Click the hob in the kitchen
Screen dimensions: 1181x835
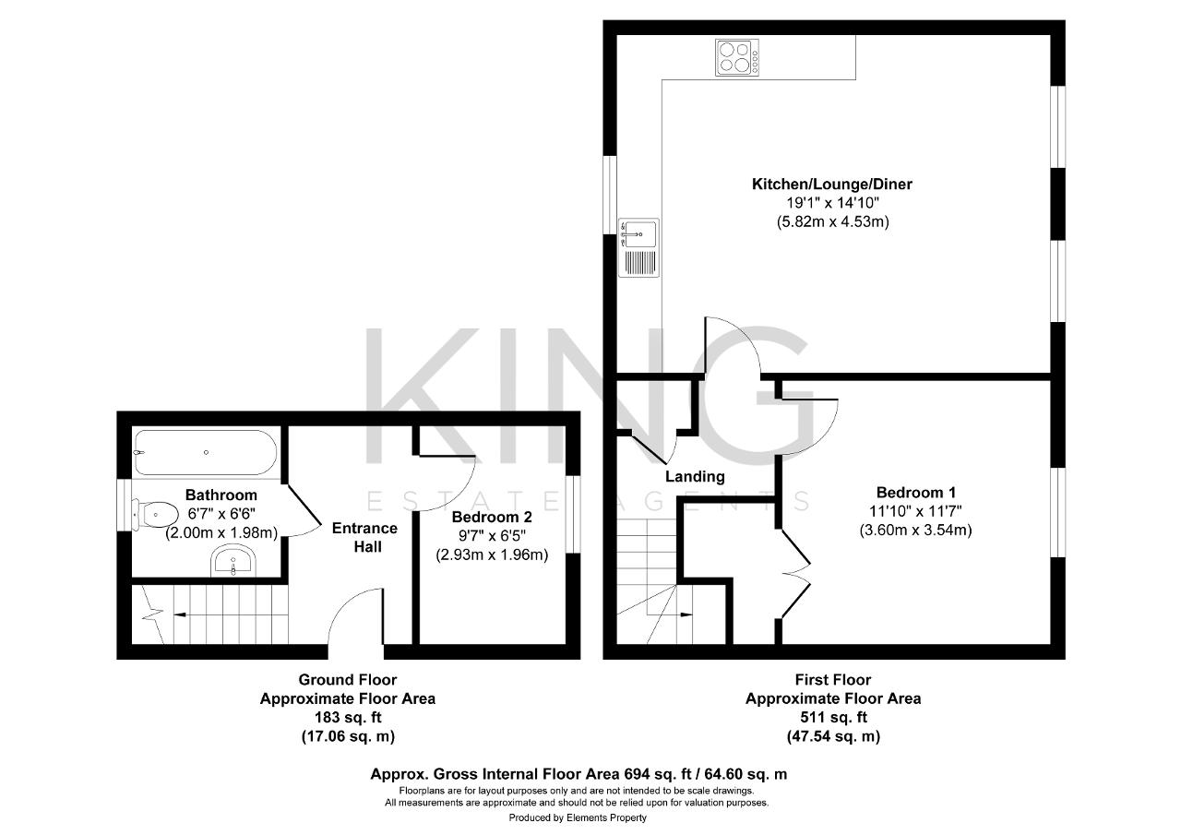tap(737, 57)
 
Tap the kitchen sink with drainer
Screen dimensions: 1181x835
tap(638, 247)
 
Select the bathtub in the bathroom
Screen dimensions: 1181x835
tap(206, 452)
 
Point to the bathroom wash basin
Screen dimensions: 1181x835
tap(233, 561)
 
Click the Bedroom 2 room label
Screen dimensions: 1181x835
tap(492, 517)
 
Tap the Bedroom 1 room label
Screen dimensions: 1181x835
tap(916, 493)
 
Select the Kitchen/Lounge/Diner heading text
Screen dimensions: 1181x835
tap(832, 184)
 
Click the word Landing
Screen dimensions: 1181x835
tap(695, 476)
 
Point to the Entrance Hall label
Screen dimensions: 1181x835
tap(364, 537)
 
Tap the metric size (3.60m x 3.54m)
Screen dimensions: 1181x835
tap(916, 530)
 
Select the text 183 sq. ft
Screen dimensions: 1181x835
tap(348, 717)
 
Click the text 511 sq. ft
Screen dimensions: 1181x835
tap(833, 717)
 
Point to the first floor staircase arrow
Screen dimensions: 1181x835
tap(670, 614)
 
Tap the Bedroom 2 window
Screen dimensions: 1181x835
tap(573, 514)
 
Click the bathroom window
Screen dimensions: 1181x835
tap(124, 505)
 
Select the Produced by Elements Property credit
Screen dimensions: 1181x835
tap(578, 817)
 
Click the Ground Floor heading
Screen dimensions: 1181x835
tap(348, 679)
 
